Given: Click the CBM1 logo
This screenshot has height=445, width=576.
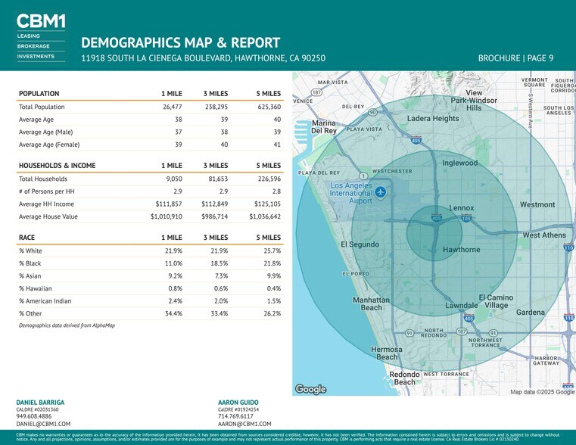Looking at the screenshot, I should click(x=40, y=21).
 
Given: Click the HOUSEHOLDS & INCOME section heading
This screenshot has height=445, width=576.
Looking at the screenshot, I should click(x=57, y=166).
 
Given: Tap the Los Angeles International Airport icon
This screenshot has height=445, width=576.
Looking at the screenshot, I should click(x=381, y=191).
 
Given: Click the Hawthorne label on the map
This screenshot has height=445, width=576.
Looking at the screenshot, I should click(x=460, y=250).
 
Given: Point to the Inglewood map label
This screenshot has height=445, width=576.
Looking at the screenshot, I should click(x=460, y=163).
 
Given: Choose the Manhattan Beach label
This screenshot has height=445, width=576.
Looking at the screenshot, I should click(x=371, y=303).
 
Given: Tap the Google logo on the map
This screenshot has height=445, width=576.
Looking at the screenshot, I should click(x=310, y=389).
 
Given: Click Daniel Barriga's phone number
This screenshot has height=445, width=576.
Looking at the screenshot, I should click(x=34, y=416).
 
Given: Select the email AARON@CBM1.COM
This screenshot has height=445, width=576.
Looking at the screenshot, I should click(x=244, y=425).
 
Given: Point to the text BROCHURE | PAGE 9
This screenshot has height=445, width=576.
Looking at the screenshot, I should click(x=515, y=58).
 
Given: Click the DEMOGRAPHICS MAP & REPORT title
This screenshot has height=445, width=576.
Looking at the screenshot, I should click(x=180, y=42).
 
